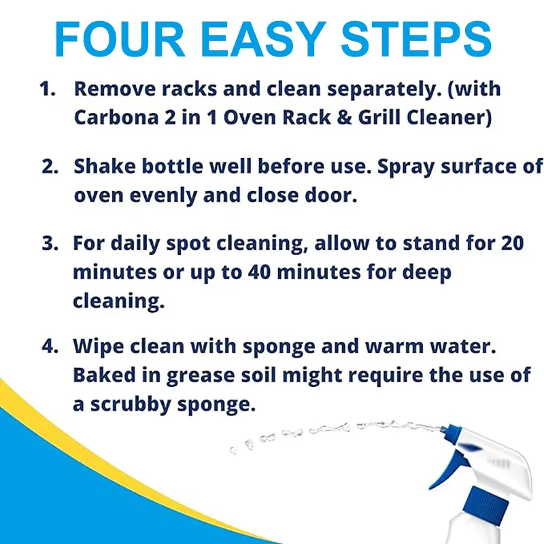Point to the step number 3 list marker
pos(49,243)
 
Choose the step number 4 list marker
pos(49,346)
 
